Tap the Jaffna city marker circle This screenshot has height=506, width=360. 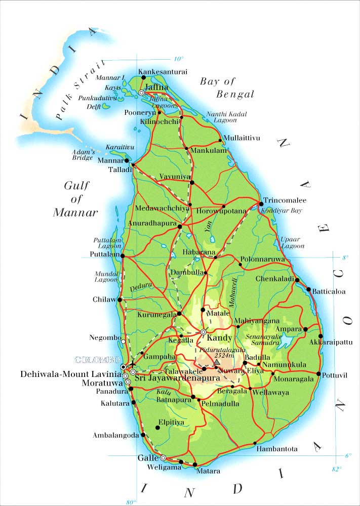point(142,93)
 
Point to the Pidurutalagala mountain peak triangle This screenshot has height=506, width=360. point(217,362)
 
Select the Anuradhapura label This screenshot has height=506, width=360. point(153,222)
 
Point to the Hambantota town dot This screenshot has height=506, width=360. point(254,443)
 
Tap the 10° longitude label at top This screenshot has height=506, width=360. point(179,58)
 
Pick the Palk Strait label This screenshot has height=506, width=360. point(81,90)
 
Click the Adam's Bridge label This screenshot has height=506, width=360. point(83,154)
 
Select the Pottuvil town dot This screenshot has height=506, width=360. point(318,374)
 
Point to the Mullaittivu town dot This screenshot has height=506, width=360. point(220,140)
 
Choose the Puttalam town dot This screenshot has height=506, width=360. point(122,256)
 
